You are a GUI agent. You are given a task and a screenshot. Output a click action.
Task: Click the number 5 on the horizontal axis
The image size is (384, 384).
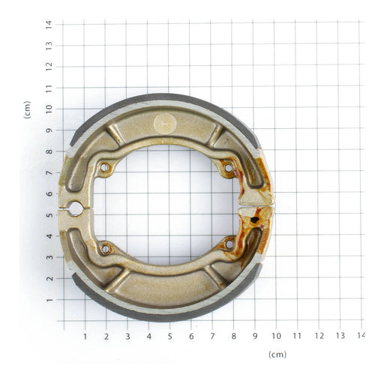(169, 336)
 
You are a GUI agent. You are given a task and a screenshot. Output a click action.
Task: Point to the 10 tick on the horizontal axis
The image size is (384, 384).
(276, 336)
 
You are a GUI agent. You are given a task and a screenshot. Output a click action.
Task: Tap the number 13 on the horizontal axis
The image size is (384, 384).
(340, 336)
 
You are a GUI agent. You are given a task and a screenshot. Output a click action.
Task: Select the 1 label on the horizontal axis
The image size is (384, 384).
(85, 336)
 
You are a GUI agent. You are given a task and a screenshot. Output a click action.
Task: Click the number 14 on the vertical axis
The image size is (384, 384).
(49, 24)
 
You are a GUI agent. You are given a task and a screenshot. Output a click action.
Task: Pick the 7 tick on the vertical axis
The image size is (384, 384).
(49, 172)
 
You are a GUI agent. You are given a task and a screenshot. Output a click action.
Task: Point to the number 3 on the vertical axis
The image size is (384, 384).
(49, 257)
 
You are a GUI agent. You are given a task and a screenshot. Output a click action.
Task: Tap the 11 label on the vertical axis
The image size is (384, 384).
(49, 88)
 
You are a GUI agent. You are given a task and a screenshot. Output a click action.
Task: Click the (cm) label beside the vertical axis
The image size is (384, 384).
(28, 109)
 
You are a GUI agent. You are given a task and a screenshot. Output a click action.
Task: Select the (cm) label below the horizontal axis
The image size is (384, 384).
(277, 354)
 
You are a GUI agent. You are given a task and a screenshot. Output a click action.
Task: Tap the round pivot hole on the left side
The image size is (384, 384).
(76, 208)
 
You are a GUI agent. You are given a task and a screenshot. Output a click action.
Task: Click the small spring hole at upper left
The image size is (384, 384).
(104, 167)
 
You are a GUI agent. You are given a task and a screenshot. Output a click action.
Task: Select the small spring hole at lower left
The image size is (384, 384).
(105, 248)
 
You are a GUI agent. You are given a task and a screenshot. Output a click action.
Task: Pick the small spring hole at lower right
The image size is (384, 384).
(229, 244)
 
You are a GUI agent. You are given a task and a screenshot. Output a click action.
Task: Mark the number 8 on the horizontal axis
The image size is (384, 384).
(233, 336)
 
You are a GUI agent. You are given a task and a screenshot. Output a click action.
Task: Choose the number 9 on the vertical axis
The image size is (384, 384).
(49, 130)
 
